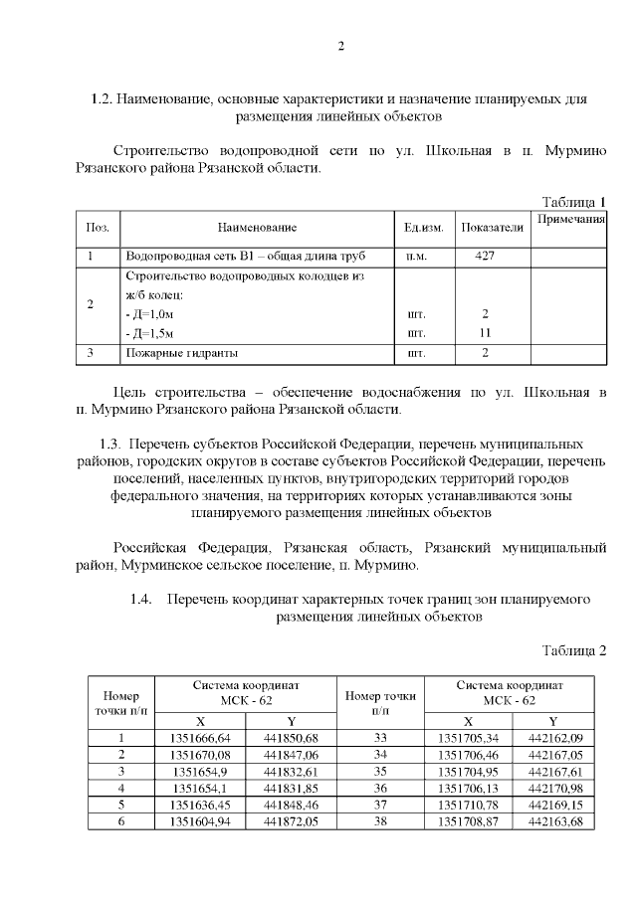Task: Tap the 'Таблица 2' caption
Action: pos(572,650)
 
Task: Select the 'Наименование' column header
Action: pos(258,228)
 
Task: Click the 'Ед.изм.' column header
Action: pos(423,228)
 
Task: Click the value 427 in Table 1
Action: pos(484,256)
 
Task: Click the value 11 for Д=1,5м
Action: pos(485,332)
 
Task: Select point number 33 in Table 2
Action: pos(378,737)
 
